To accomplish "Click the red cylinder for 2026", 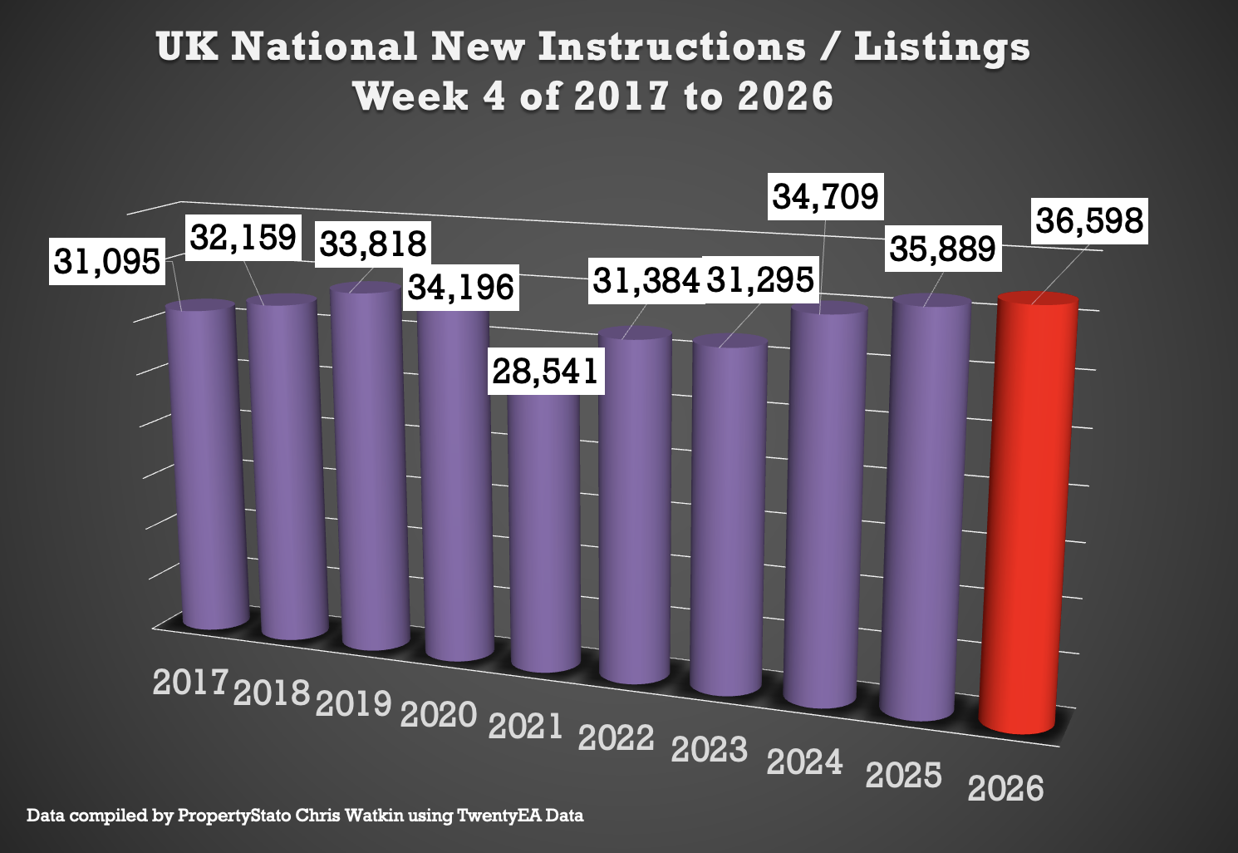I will (1030, 515).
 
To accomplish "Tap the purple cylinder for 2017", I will (204, 466).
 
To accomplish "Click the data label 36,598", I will (1089, 221).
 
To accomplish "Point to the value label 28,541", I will (545, 371).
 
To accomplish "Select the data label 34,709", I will (825, 196).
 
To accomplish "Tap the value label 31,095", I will (106, 261).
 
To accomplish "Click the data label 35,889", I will (942, 249).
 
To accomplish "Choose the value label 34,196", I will (461, 288).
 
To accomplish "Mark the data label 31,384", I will (646, 281).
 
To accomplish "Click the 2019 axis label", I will (354, 703).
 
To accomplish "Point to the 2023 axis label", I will (710, 749).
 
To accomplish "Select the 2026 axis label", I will (1005, 788).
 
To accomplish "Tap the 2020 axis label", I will (439, 714).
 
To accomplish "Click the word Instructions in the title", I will (671, 47).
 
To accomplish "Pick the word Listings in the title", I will (942, 48).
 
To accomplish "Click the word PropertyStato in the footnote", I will (234, 816).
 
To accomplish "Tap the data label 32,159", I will (243, 237).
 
